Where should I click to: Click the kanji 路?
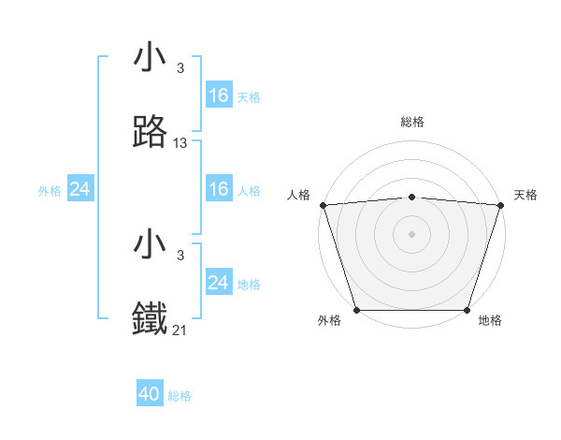click(x=151, y=134)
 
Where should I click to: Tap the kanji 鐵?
click(x=151, y=319)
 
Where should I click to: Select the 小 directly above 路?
click(x=151, y=58)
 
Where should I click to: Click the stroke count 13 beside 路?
click(x=180, y=143)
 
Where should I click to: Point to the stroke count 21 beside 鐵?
click(x=180, y=330)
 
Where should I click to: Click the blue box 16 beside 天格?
click(x=219, y=95)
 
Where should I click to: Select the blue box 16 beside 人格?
click(x=219, y=189)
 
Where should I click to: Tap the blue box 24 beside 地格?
click(x=219, y=283)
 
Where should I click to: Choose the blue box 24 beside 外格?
click(x=80, y=189)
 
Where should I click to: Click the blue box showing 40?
click(x=150, y=394)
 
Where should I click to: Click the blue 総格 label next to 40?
click(x=180, y=396)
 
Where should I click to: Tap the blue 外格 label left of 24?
click(x=50, y=191)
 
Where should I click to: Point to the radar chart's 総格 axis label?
click(x=412, y=122)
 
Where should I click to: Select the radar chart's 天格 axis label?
click(x=525, y=195)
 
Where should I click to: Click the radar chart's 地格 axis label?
click(x=490, y=320)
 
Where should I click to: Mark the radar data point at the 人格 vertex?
click(x=323, y=205)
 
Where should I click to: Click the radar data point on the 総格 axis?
click(x=412, y=197)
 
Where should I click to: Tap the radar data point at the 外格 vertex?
click(x=356, y=310)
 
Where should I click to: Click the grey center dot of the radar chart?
click(x=412, y=233)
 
